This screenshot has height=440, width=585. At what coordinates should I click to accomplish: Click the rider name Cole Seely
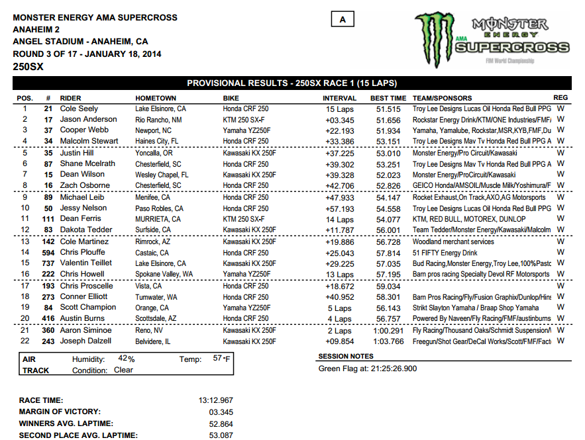79,109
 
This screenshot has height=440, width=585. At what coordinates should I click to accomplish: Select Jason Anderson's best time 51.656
388,120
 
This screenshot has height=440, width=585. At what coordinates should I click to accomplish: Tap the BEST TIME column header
388,98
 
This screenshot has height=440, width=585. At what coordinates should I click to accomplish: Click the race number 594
48,253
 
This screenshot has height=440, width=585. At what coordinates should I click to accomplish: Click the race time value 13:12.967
216,400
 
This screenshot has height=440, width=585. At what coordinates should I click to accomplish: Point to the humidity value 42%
126,359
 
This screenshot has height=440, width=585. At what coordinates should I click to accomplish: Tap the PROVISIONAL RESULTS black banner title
292,83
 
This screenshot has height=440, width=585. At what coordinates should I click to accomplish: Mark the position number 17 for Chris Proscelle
25,286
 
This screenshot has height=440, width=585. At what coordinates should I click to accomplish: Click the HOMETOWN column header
156,98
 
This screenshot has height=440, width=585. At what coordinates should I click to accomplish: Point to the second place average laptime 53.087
219,435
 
